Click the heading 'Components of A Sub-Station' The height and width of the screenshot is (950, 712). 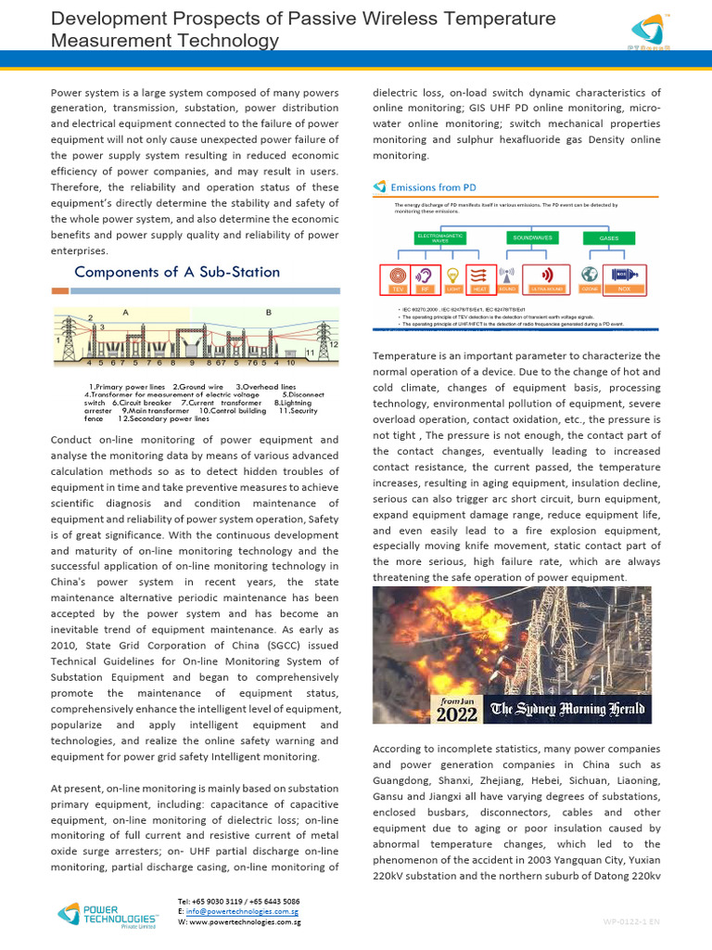[x=176, y=272]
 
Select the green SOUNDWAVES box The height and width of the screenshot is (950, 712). [x=532, y=238]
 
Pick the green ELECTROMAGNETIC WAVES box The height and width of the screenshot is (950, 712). [x=440, y=238]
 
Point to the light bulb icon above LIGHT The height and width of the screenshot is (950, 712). [x=453, y=275]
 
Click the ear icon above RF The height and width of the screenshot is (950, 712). [x=426, y=275]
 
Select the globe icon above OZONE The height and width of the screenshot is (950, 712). [x=590, y=275]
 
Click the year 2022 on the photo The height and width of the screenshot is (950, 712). [x=457, y=714]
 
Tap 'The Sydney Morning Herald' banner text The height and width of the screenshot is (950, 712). [x=570, y=710]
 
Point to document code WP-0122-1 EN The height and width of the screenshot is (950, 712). [x=631, y=921]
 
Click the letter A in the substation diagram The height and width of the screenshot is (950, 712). [x=125, y=313]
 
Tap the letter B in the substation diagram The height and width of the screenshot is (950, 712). [x=269, y=313]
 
